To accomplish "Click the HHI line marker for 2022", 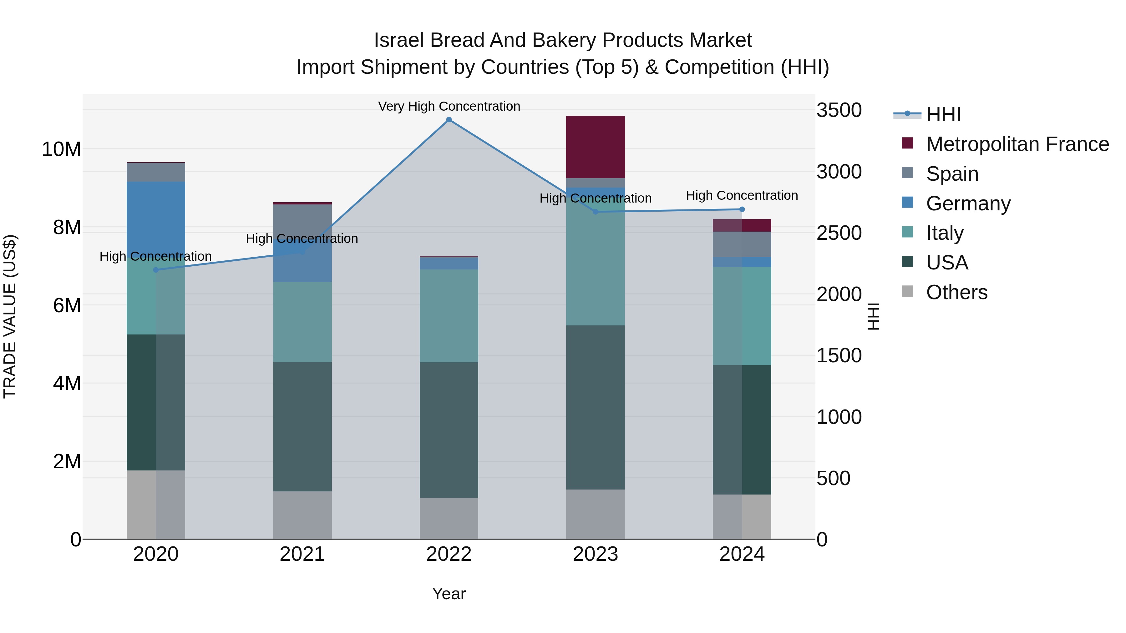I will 449,120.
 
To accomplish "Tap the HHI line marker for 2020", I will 156,270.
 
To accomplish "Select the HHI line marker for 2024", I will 742,209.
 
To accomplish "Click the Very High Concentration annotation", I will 449,106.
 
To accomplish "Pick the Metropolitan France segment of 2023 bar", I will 595,147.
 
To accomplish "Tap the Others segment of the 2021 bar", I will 302,515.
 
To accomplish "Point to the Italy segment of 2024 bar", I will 742,316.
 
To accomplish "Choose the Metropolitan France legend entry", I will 1017,144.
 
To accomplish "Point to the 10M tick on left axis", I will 61,149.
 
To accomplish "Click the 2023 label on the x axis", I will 595,554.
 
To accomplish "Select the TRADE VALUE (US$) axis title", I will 10,316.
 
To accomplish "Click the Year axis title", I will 449,594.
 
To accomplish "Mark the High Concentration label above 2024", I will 742,195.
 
